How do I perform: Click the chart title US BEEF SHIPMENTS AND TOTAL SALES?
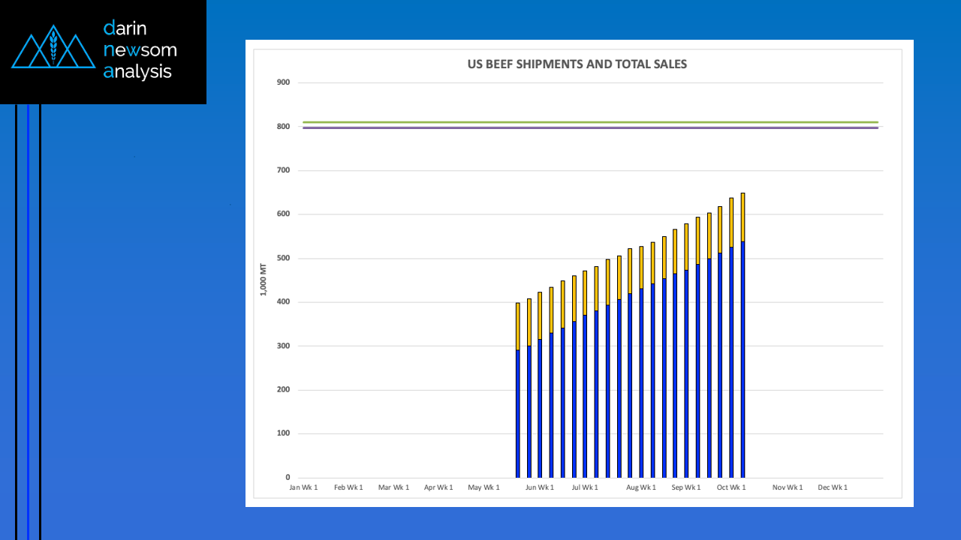[x=577, y=64]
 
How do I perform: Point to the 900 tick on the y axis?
[x=283, y=82]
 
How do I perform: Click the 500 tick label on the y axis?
[x=283, y=259]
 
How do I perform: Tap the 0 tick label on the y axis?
[x=287, y=478]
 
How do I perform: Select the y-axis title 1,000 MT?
[x=263, y=279]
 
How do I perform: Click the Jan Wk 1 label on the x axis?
[x=303, y=487]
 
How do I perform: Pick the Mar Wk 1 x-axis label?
[x=393, y=487]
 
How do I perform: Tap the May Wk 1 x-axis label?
[x=484, y=487]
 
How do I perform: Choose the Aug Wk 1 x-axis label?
[x=641, y=487]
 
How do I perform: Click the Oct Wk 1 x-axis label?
[x=731, y=487]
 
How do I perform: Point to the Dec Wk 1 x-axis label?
[x=833, y=487]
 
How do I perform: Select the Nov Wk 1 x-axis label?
[x=788, y=487]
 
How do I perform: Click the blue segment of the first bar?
[x=517, y=412]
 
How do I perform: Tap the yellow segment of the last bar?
[x=743, y=217]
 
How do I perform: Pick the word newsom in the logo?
[x=140, y=50]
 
